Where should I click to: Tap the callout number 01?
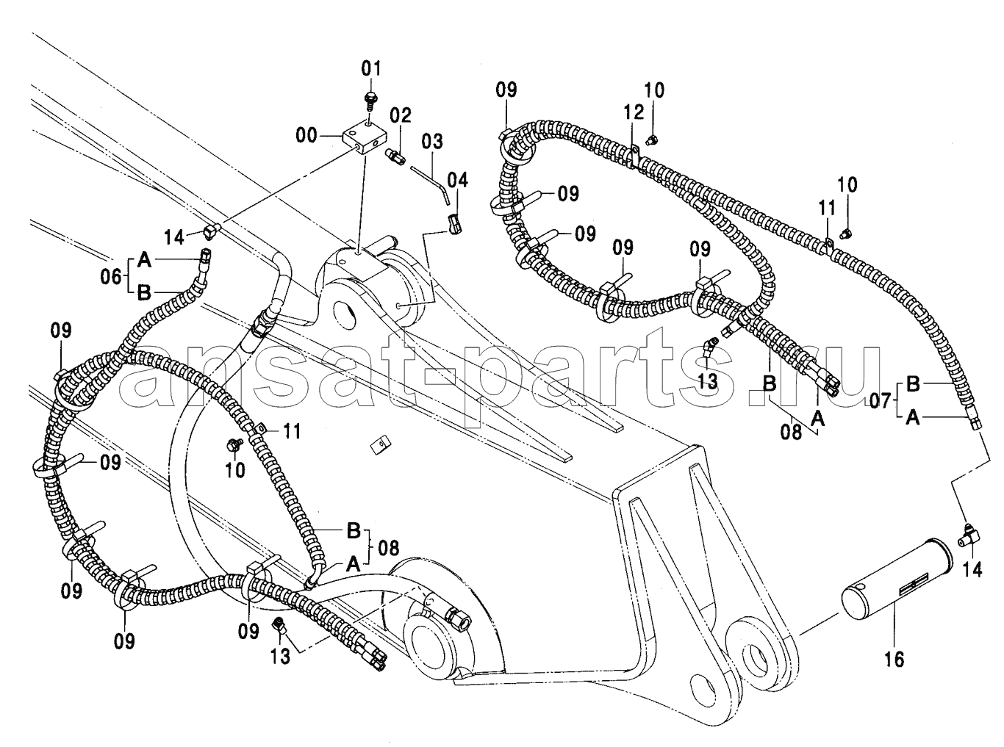(371, 70)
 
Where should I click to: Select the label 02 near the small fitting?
(401, 115)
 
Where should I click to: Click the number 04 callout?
(457, 179)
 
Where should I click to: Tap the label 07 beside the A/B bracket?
(880, 401)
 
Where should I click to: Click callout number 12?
(634, 113)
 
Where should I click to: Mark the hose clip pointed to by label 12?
(636, 154)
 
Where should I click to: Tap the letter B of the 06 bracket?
(144, 292)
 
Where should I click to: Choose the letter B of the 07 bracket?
(913, 384)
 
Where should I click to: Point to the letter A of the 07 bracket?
(913, 417)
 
